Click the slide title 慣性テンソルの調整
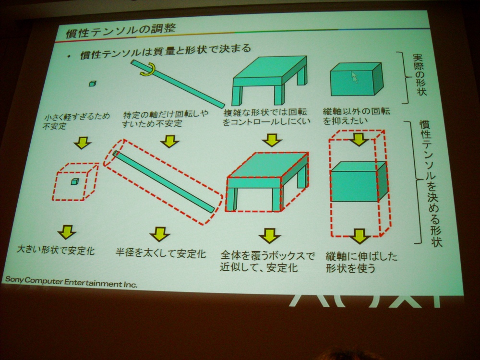pyautogui.click(x=121, y=31)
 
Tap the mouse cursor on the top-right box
pyautogui.click(x=354, y=77)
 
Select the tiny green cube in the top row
pyautogui.click(x=93, y=83)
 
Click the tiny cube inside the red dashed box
pyautogui.click(x=75, y=181)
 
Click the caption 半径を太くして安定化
pyautogui.click(x=161, y=253)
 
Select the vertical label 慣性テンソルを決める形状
pyautogui.click(x=432, y=183)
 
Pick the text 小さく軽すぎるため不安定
pyautogui.click(x=76, y=121)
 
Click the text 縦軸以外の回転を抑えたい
pyautogui.click(x=356, y=116)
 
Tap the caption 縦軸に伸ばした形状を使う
pyautogui.click(x=361, y=262)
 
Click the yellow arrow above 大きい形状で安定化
pyautogui.click(x=67, y=232)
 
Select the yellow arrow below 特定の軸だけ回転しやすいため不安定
pyautogui.click(x=169, y=142)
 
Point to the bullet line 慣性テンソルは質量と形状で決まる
pyautogui.click(x=165, y=52)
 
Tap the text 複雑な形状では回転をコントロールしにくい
pyautogui.click(x=266, y=117)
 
